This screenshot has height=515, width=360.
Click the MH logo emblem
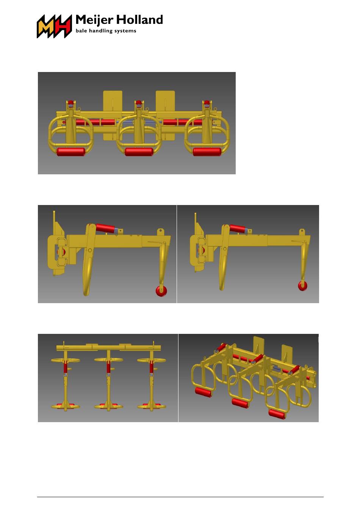point(54,26)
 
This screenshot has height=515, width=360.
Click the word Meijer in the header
point(94,20)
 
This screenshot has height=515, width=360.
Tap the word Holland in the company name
point(139,20)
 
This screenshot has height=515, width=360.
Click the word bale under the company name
point(81,31)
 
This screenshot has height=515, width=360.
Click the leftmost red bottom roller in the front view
point(71,152)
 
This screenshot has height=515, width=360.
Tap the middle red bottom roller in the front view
point(139,152)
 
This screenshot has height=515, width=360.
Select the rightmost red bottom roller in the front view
point(207,152)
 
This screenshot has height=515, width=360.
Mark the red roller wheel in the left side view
point(161,291)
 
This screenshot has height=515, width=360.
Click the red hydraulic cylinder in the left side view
point(105,228)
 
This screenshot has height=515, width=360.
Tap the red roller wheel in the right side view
point(303,286)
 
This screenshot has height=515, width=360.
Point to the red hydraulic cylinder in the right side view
point(238,228)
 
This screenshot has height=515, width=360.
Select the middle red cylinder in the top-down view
point(108,368)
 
